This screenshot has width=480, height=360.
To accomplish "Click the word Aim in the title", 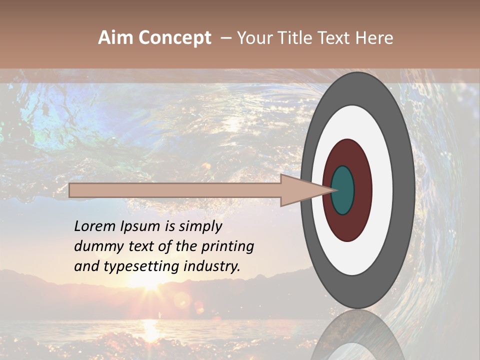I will (x=115, y=38).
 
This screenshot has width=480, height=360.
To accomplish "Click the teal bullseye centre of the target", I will (x=342, y=190).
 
